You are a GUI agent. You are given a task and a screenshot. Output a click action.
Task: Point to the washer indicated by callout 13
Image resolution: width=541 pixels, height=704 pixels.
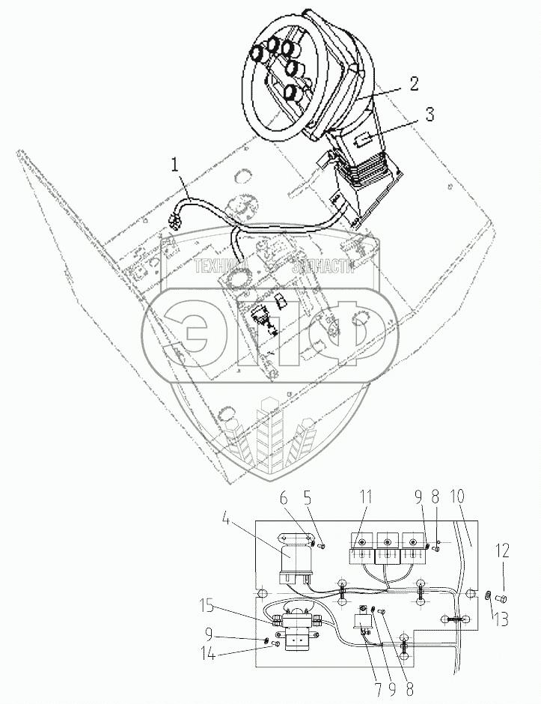[x=486, y=595]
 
